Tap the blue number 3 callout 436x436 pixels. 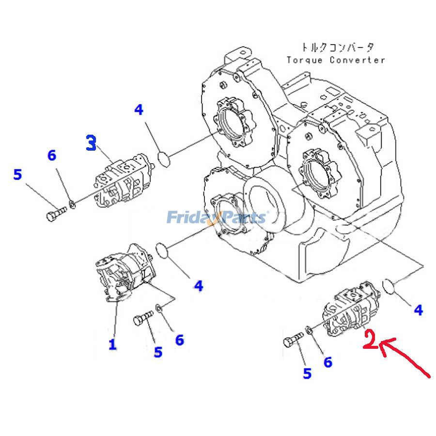91,143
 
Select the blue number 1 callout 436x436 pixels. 112,344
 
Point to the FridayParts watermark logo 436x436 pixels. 216,217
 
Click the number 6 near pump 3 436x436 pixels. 51,156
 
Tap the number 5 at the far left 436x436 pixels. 17,174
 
